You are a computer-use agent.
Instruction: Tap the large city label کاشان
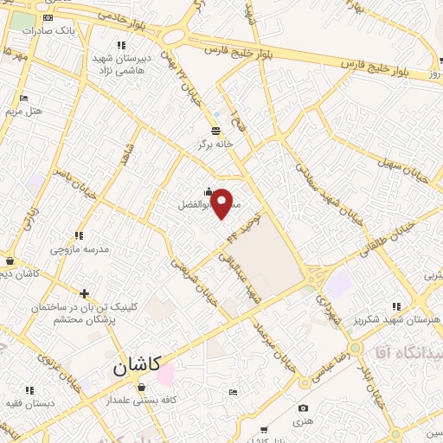point(143,367)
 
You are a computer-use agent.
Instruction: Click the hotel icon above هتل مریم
point(23,98)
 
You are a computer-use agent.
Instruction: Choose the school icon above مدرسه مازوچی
point(79,235)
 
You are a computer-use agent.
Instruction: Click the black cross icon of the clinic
point(84,294)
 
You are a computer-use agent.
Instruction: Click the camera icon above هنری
point(303,408)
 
